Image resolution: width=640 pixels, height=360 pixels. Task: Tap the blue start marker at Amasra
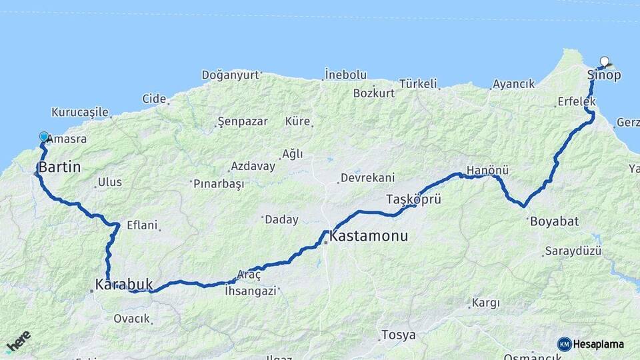click(x=44, y=137)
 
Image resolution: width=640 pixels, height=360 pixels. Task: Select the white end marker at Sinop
click(x=605, y=60)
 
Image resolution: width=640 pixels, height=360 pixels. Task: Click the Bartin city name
click(x=59, y=167)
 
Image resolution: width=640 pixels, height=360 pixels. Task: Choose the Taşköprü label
click(x=413, y=199)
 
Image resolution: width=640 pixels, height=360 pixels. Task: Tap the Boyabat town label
click(x=554, y=221)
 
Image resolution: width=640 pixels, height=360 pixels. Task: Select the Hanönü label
click(x=483, y=171)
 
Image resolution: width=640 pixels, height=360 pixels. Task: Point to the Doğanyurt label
click(x=230, y=75)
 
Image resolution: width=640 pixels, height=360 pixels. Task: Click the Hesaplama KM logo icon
click(x=565, y=344)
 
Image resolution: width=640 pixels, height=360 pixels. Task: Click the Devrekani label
click(x=367, y=178)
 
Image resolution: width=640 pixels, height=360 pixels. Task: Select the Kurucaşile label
click(x=80, y=112)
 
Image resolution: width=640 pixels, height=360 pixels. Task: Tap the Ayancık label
click(x=513, y=85)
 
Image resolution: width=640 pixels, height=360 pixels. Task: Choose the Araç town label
click(x=249, y=275)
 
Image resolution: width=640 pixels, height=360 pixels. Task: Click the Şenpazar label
click(x=243, y=122)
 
